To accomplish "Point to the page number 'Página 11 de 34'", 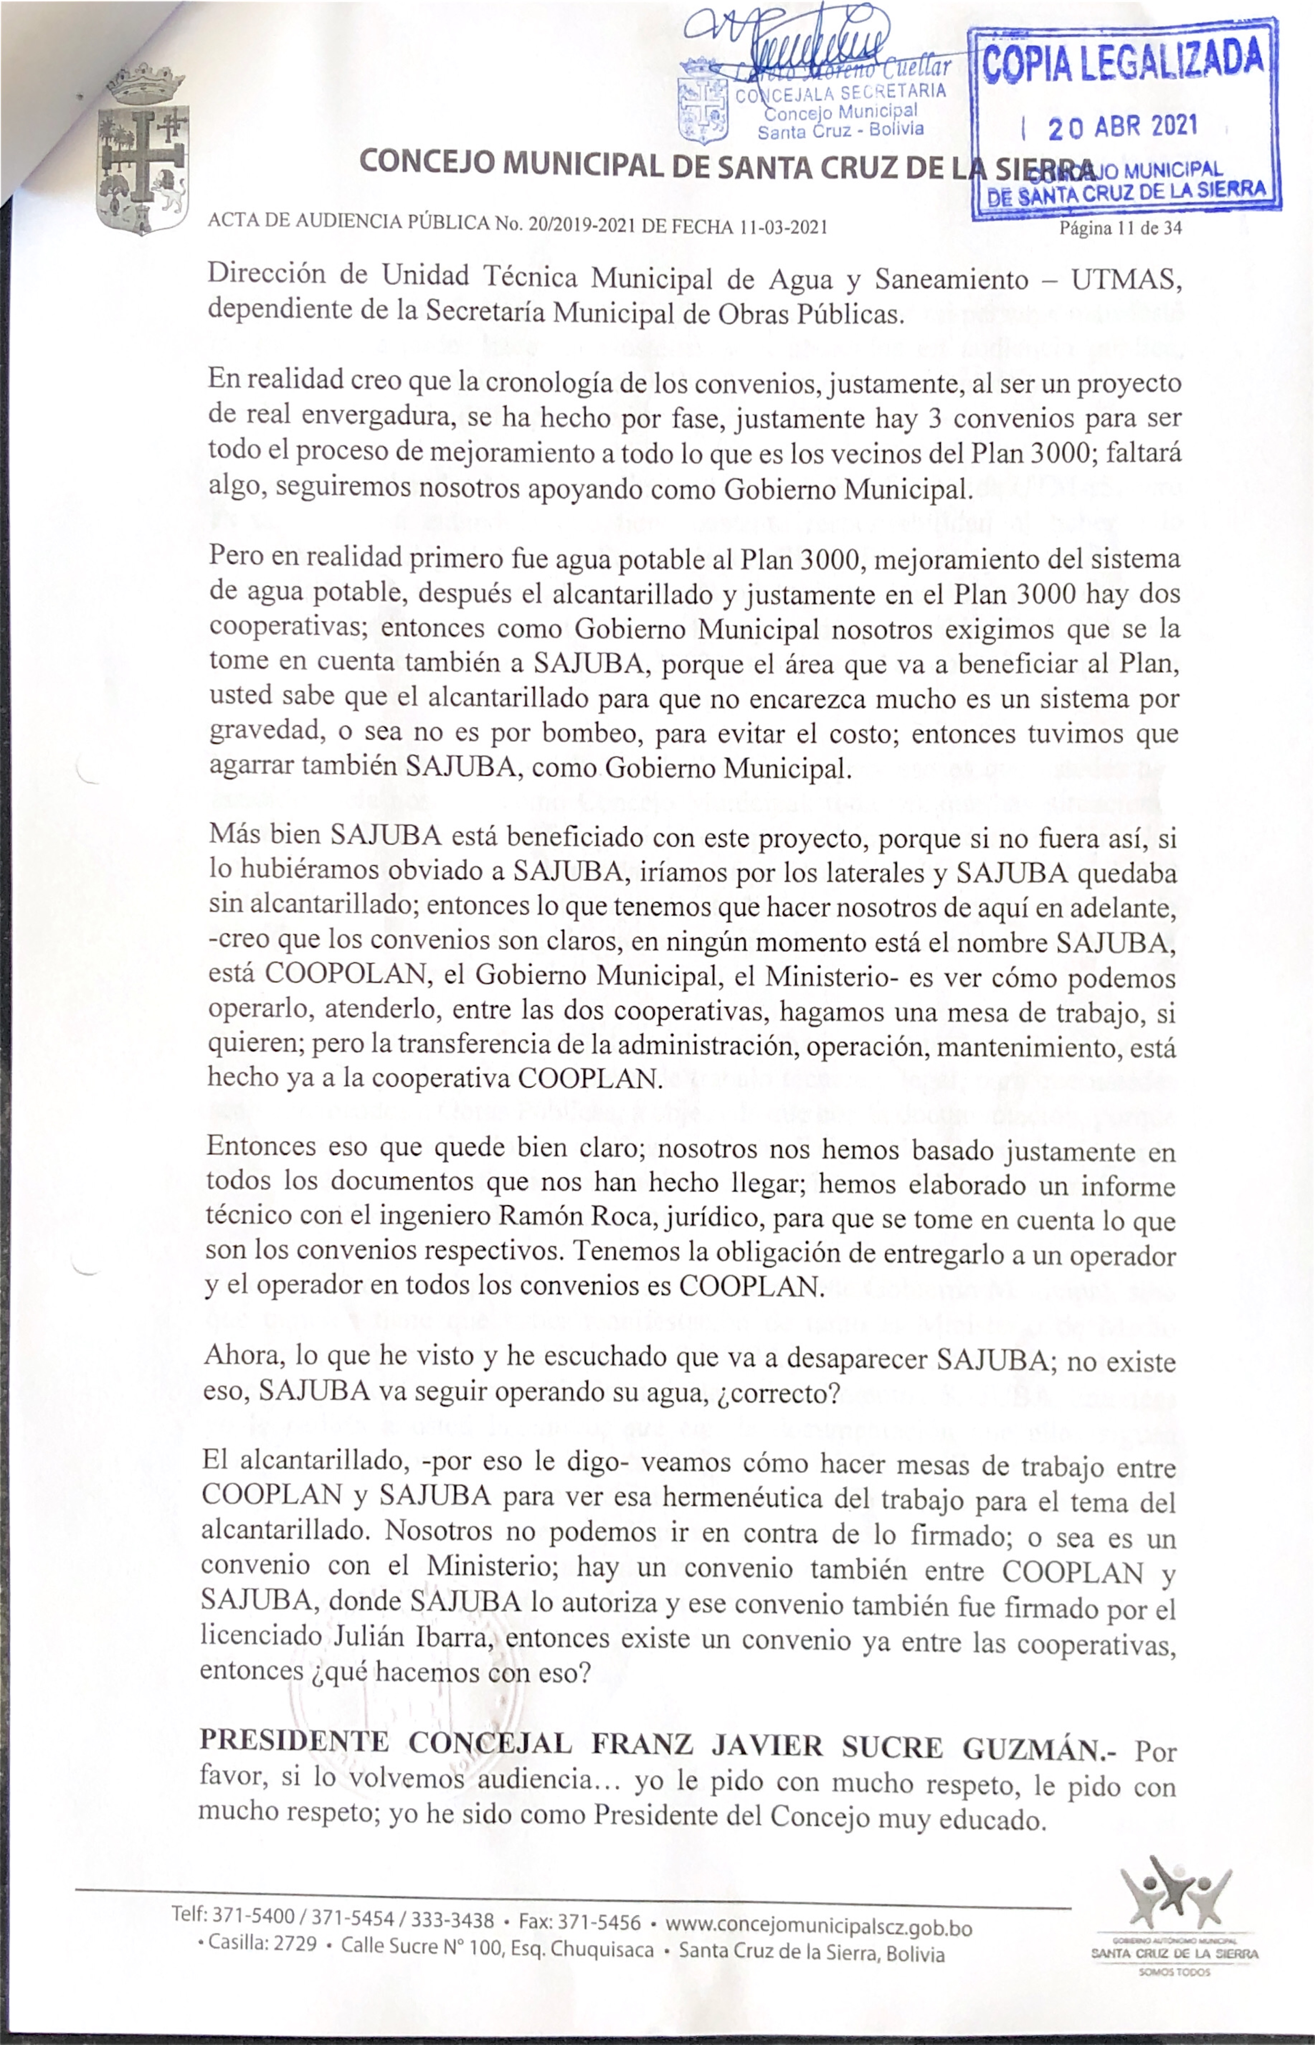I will pos(1120,228).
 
